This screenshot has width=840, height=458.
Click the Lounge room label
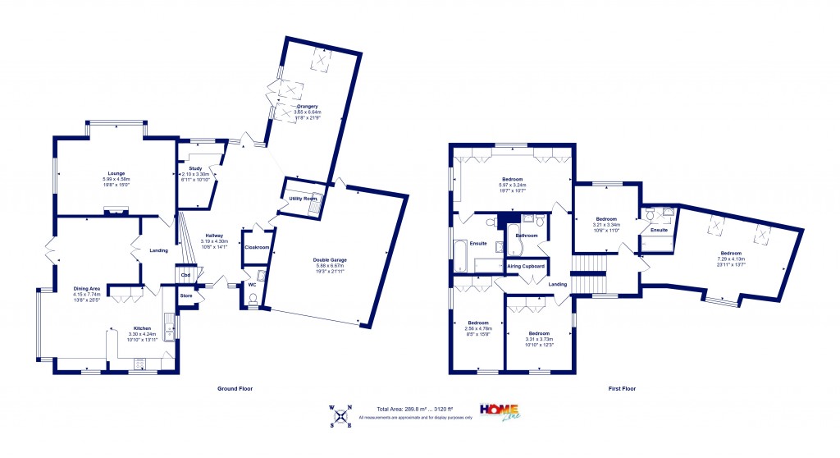point(115,174)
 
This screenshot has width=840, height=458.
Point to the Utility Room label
point(302,199)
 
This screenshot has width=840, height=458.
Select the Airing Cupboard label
point(526,267)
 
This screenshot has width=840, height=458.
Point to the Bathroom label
point(526,236)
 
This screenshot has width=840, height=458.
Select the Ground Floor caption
point(235,388)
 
